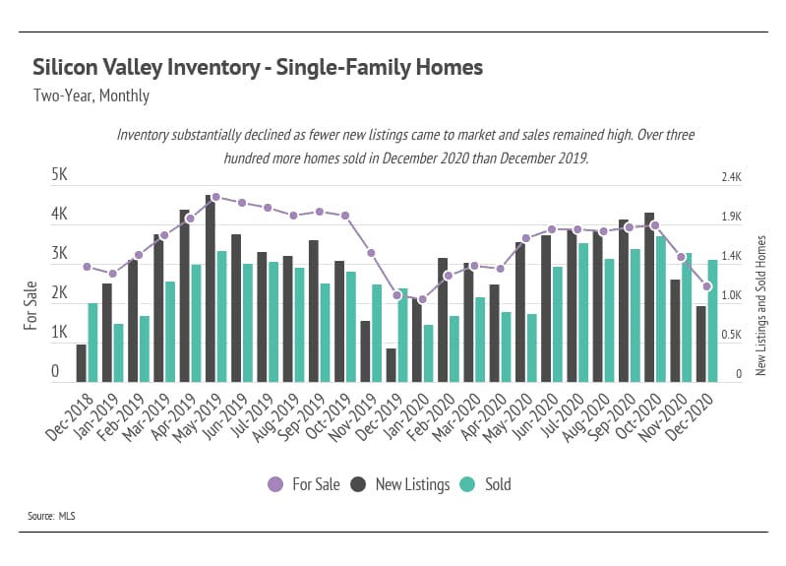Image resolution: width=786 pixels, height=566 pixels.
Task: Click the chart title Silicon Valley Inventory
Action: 258,68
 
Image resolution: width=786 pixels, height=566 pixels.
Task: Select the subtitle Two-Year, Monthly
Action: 91,96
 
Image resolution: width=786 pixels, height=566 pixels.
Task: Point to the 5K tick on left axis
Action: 59,175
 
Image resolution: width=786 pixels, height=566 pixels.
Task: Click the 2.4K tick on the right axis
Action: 731,177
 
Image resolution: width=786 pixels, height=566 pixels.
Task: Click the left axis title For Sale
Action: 32,304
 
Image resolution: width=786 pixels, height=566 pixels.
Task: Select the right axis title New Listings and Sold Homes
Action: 760,304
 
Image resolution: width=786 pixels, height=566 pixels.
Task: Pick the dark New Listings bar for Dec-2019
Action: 391,365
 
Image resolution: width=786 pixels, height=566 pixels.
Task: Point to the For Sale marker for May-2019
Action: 215,197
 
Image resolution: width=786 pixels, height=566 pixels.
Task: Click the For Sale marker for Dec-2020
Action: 706,286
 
